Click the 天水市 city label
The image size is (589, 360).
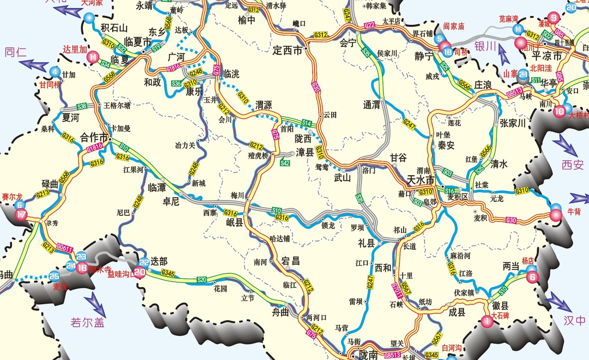click(x=420, y=180)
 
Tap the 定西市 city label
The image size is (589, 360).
click(x=287, y=50)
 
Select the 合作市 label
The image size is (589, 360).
click(x=94, y=136)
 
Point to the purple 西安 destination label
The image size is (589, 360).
click(x=572, y=165)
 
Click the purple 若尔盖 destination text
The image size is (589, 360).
click(x=88, y=322)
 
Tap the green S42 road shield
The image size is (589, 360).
click(x=285, y=163)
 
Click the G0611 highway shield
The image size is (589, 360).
click(x=65, y=249)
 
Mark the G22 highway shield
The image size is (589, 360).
click(x=369, y=25)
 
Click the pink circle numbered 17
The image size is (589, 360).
click(x=21, y=215)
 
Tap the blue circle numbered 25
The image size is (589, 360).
click(x=54, y=276)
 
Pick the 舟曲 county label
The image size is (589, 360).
click(x=280, y=313)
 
